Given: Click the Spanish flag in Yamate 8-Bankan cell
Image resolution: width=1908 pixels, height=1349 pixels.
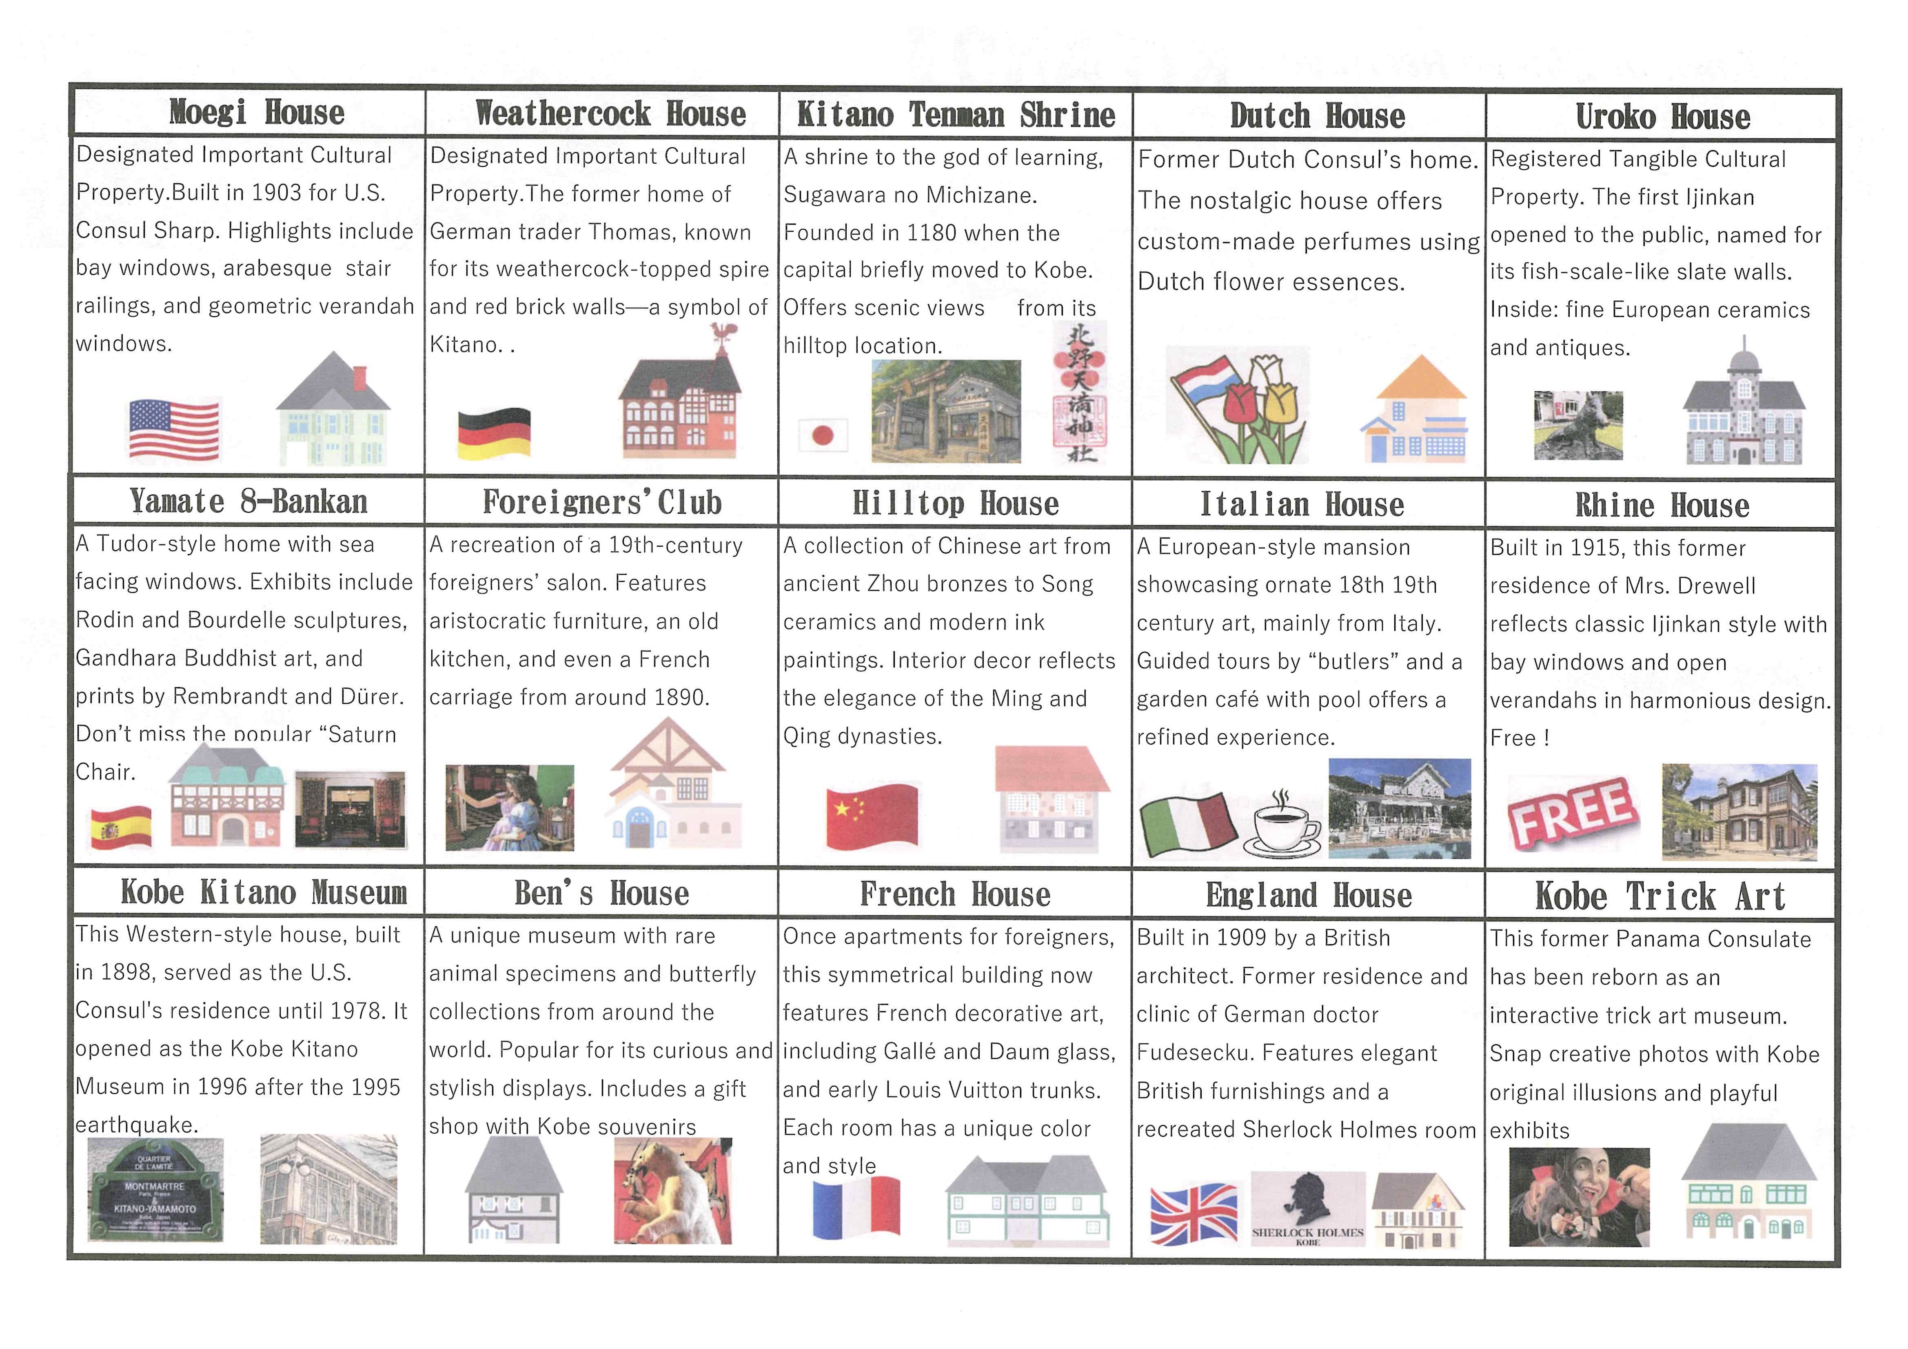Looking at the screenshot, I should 121,827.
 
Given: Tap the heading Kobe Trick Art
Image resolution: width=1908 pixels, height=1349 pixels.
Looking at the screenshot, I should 1660,896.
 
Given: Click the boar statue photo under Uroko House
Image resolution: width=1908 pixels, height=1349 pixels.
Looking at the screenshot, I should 1577,426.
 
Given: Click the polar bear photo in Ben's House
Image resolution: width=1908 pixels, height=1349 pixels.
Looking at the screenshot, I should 673,1190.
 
